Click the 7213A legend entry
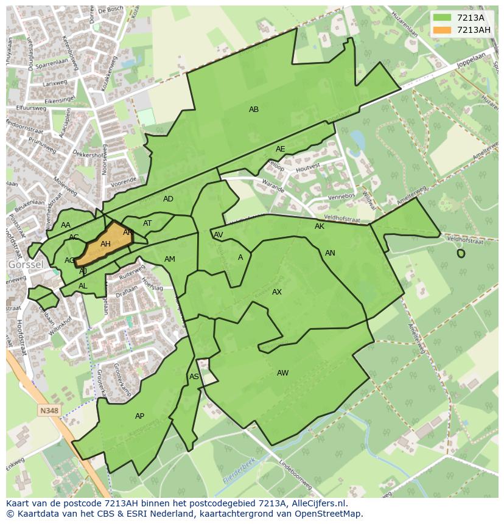pyautogui.click(x=462, y=18)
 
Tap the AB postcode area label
pyautogui.click(x=254, y=110)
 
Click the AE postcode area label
pyautogui.click(x=280, y=149)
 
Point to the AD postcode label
pyautogui.click(x=168, y=199)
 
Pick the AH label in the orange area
pyautogui.click(x=105, y=244)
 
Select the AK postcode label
pyautogui.click(x=320, y=226)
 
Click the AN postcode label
pyautogui.click(x=330, y=253)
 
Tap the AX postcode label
pyautogui.click(x=277, y=292)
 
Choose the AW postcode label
pyautogui.click(x=282, y=373)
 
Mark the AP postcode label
pyautogui.click(x=139, y=416)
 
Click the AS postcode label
pyautogui.click(x=194, y=377)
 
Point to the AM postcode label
pyautogui.click(x=170, y=259)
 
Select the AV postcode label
pyautogui.click(x=218, y=235)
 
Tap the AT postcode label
pyautogui.click(x=147, y=223)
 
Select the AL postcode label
pyautogui.click(x=83, y=286)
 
